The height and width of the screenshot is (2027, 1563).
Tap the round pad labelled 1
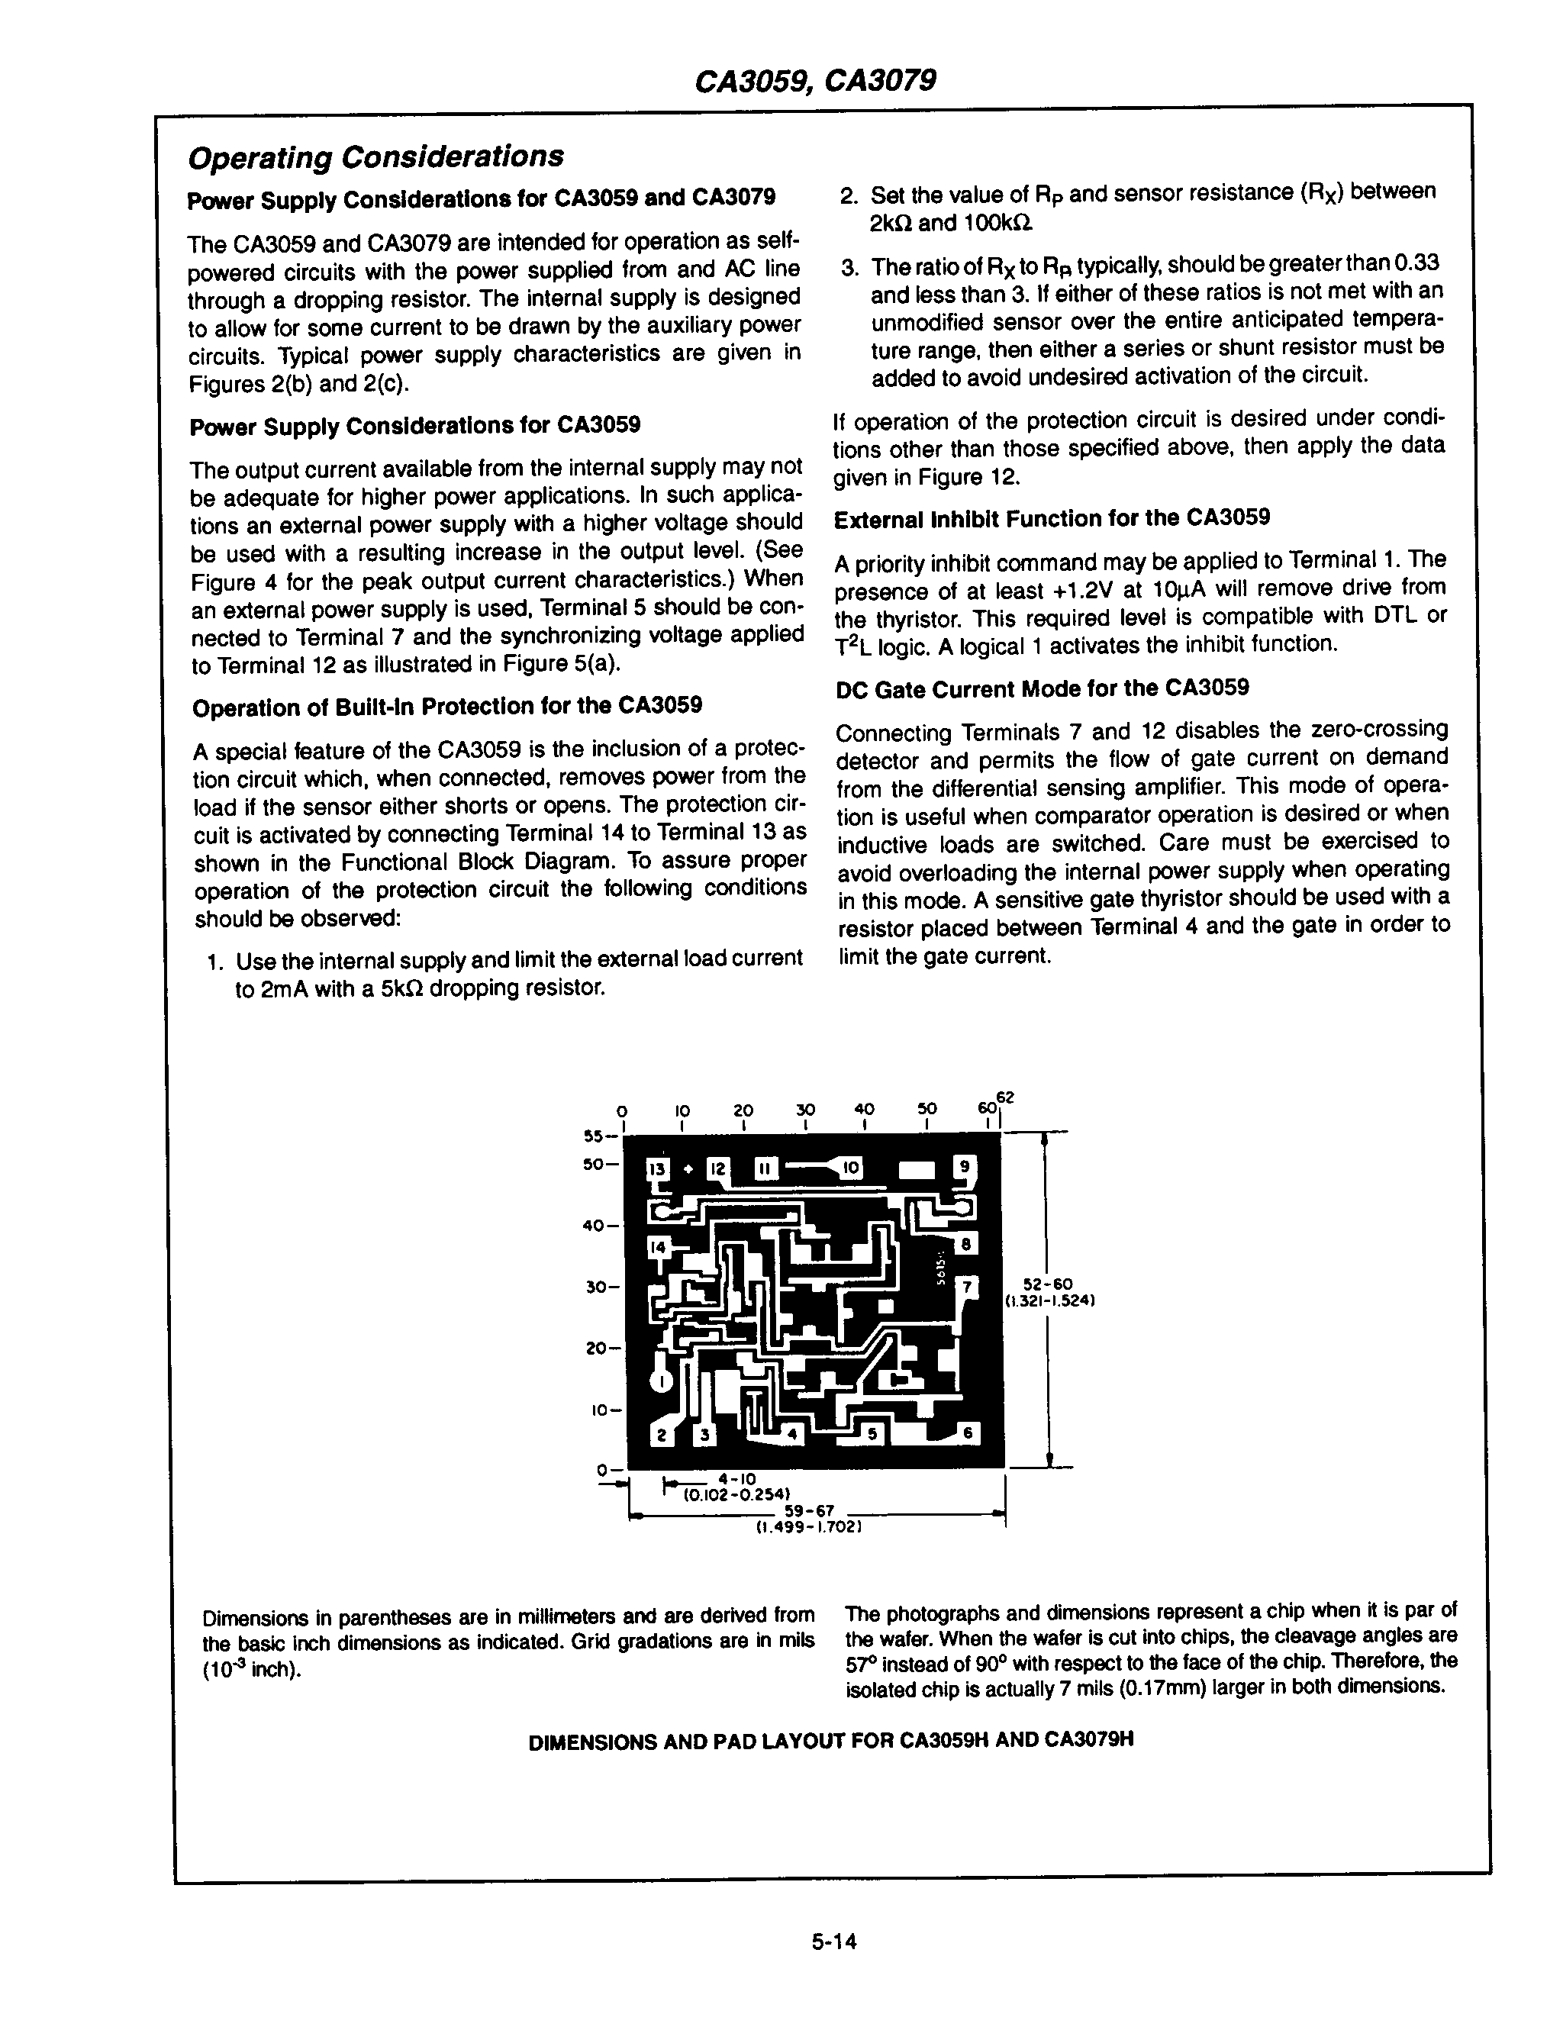point(660,1380)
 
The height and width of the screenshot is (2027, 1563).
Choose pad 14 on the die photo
point(658,1247)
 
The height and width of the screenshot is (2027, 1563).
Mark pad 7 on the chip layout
point(967,1287)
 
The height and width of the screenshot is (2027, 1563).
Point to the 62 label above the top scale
point(1005,1097)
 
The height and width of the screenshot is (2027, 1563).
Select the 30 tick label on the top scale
point(804,1109)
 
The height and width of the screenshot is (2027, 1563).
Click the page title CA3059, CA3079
point(815,81)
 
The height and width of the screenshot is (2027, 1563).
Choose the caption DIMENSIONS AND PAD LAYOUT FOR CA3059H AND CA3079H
point(830,1740)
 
